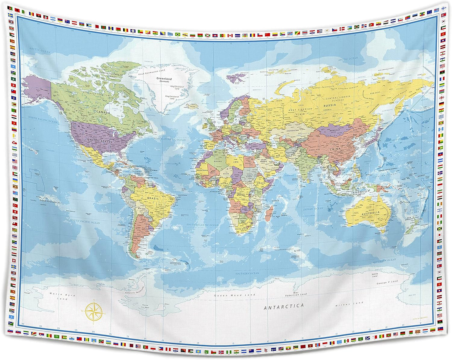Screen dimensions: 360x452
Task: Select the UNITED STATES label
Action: coord(99,141)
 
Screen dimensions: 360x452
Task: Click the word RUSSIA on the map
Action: coord(330,106)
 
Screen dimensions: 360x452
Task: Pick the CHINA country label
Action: coord(334,149)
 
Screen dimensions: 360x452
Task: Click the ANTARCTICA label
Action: coord(284,307)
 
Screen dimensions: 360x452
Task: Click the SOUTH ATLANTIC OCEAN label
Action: coord(202,225)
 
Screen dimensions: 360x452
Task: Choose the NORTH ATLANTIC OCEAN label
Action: coord(170,139)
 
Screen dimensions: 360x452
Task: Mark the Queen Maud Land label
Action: coord(234,295)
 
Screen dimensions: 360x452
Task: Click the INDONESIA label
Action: coord(360,192)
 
